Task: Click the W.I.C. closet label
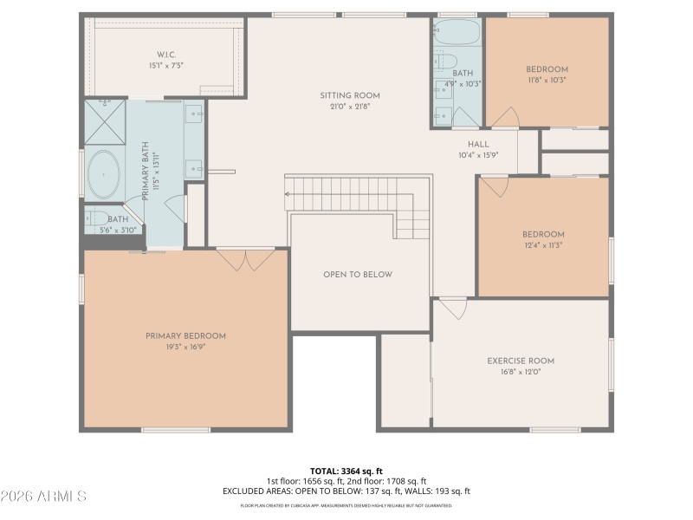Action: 165,54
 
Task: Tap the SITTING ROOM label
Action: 350,95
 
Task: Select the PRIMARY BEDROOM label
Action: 185,336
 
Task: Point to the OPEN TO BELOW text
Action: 358,275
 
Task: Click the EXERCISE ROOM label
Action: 521,361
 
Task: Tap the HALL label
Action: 478,145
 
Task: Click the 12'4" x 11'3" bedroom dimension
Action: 543,245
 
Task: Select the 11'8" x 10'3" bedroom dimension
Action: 547,81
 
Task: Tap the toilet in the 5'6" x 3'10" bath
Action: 97,218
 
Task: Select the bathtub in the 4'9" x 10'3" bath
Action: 457,33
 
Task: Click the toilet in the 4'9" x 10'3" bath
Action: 445,62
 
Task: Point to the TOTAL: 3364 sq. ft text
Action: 346,471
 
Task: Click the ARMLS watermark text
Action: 43,497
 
